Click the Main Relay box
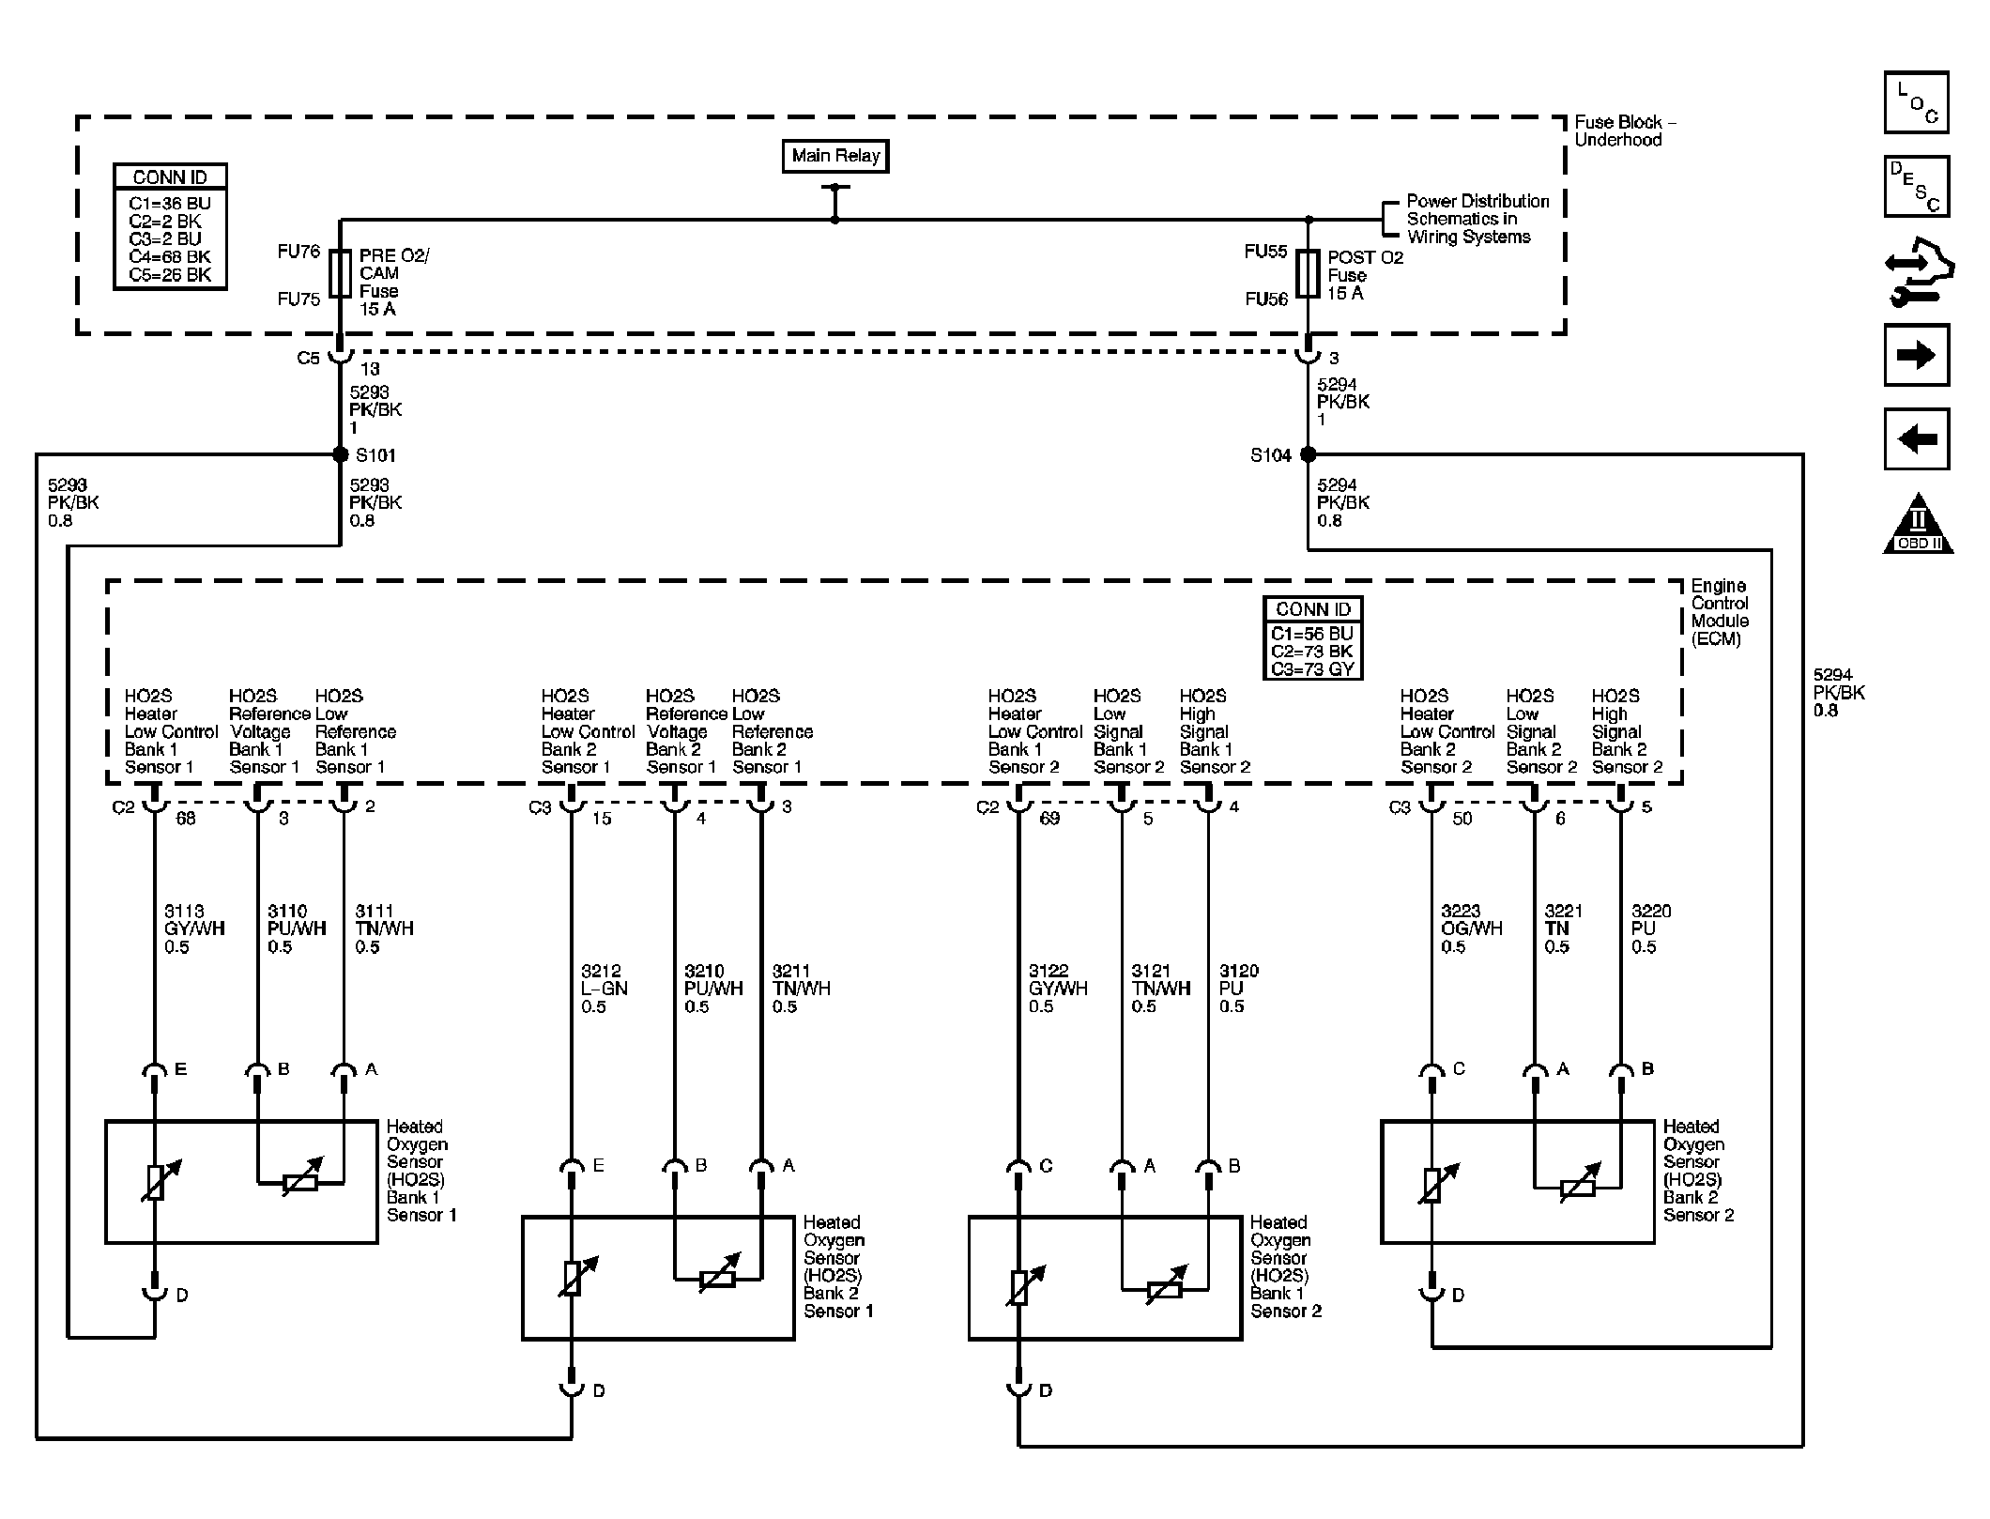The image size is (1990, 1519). point(834,156)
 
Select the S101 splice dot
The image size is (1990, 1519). point(341,454)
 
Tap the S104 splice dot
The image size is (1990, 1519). point(1308,454)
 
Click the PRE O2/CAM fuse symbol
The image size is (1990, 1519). point(342,273)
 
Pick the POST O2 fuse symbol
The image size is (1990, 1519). point(1308,273)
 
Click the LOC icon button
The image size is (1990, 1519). point(1916,102)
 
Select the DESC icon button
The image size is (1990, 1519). point(1916,186)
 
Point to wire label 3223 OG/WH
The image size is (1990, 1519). point(1471,928)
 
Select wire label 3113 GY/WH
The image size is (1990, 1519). point(194,928)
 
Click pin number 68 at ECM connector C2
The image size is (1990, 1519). point(186,819)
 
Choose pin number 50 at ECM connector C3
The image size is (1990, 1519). point(1462,819)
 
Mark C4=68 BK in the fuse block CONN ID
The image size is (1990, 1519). point(170,256)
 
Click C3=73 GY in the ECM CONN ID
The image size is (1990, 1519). point(1312,669)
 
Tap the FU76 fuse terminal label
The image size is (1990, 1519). point(298,252)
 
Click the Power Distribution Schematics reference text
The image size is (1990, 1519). point(1477,219)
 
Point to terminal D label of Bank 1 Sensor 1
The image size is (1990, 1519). point(182,1295)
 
